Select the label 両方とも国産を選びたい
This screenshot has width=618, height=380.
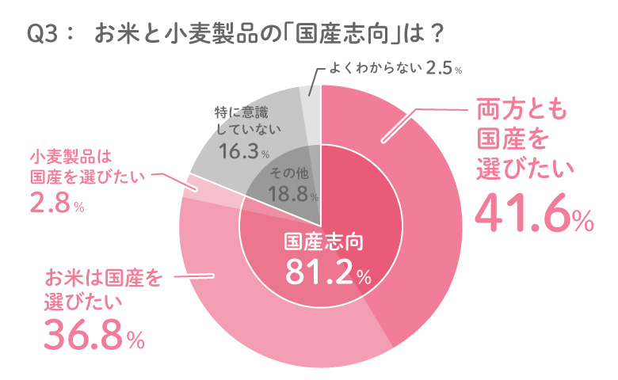click(x=524, y=139)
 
